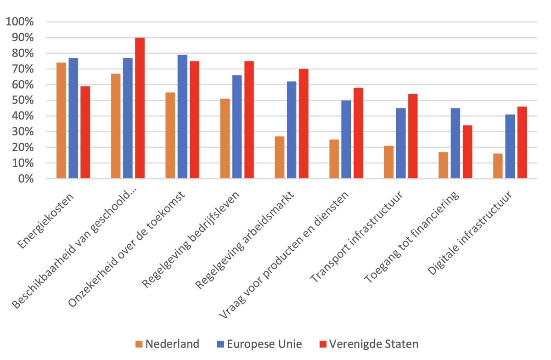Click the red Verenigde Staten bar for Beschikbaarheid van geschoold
click(x=140, y=108)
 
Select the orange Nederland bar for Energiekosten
click(x=61, y=121)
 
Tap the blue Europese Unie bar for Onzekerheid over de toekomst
click(x=182, y=117)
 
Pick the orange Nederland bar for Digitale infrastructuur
click(x=498, y=166)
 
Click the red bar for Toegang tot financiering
click(x=467, y=152)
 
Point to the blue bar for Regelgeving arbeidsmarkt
click(x=292, y=130)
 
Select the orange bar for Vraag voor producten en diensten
click(x=334, y=159)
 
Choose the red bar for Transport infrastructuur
click(x=412, y=136)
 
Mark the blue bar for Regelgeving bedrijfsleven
click(x=237, y=127)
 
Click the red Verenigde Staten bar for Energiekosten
click(x=85, y=132)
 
